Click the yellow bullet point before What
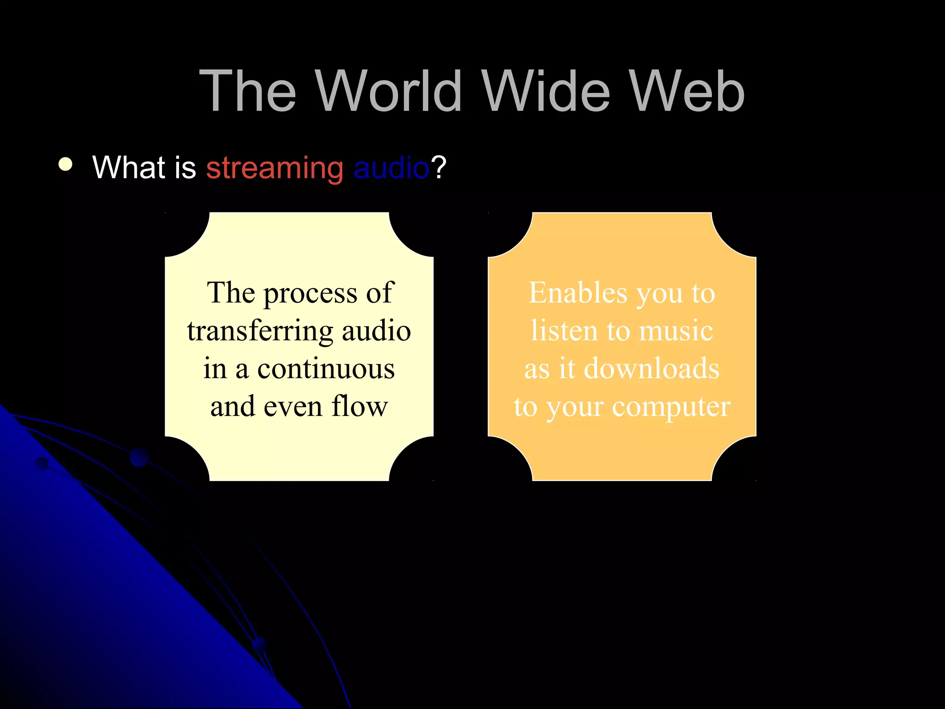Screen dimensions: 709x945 [66, 165]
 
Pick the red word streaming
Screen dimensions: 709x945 [275, 168]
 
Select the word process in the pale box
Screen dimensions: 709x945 [310, 294]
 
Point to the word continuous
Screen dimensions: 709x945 [326, 369]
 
